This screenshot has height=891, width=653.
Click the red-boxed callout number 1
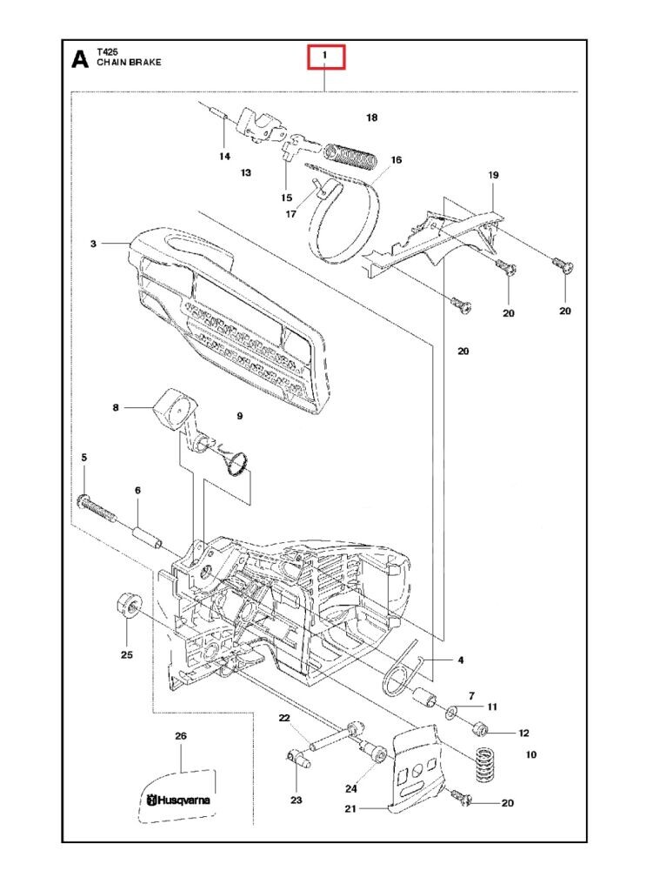pos(325,57)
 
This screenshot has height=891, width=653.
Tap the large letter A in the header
pos(79,59)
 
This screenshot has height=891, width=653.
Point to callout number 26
pos(181,736)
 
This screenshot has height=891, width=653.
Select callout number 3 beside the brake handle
pos(93,245)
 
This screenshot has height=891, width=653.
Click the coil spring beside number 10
pos(480,763)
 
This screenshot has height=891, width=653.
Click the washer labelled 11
pos(454,713)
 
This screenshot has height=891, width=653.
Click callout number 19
pos(493,175)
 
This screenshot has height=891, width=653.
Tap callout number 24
pos(351,789)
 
